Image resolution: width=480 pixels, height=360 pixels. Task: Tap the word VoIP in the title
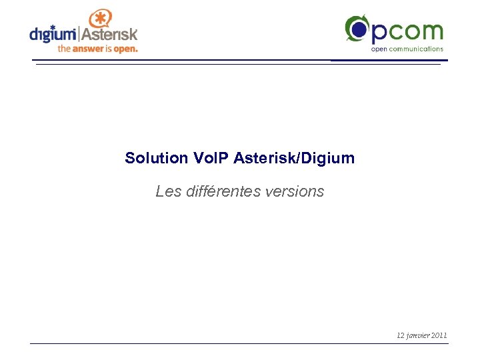pos(211,159)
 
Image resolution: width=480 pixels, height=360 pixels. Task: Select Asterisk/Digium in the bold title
pos(294,159)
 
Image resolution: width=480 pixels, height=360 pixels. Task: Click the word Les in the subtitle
pos(167,192)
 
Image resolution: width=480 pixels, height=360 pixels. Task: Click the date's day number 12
pos(400,335)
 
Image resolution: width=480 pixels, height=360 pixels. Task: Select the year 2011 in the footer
pos(439,335)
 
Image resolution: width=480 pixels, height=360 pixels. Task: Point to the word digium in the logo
pos(53,33)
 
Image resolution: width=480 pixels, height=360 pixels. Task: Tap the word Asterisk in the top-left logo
pos(109,33)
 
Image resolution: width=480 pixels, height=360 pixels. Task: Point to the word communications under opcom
pos(418,49)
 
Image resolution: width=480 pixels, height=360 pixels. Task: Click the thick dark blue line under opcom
pos(389,60)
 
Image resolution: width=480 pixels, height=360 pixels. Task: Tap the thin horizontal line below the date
pos(240,344)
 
